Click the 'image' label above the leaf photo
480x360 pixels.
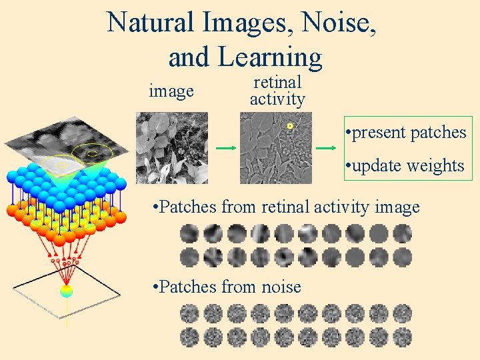click(x=171, y=91)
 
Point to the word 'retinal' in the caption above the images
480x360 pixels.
click(x=277, y=83)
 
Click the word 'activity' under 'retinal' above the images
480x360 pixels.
click(x=277, y=99)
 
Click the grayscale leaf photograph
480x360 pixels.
click(x=172, y=147)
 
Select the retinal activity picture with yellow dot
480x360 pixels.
click(x=275, y=147)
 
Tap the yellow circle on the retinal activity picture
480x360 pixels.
click(x=290, y=126)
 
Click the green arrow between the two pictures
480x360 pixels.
click(x=225, y=148)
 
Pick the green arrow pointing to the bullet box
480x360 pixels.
click(x=326, y=148)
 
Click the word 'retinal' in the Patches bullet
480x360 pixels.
click(x=290, y=207)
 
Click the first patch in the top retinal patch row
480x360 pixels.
click(x=189, y=233)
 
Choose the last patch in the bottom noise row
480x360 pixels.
click(x=402, y=337)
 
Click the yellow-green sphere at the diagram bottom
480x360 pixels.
click(x=66, y=291)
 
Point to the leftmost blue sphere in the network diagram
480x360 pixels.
click(x=11, y=177)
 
